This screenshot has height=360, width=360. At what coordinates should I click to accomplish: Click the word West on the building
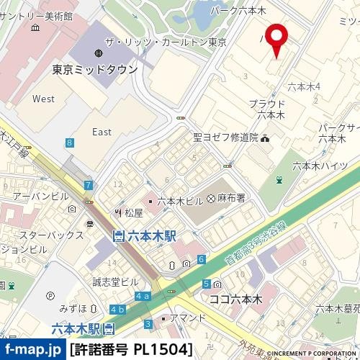(x=43, y=99)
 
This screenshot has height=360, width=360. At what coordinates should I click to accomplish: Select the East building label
(x=102, y=132)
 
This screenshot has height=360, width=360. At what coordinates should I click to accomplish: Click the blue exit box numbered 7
(x=88, y=186)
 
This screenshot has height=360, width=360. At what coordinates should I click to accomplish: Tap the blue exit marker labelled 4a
(x=142, y=296)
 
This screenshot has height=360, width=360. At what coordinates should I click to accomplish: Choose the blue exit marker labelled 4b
(x=117, y=309)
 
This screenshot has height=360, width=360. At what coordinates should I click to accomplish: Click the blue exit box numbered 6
(x=202, y=258)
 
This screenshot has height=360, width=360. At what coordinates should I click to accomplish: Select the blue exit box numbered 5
(x=207, y=284)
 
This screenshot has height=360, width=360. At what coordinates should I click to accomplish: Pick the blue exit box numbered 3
(x=148, y=324)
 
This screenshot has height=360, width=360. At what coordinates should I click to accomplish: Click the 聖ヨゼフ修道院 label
(x=225, y=138)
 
